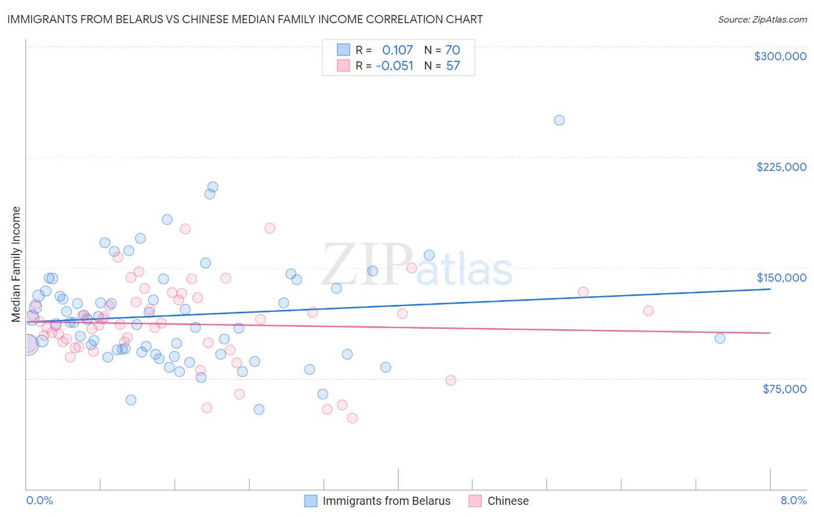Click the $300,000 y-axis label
780,56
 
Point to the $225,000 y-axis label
781,167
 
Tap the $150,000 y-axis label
781,278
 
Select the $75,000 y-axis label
784,389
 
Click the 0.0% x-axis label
39,500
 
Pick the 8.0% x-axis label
793,500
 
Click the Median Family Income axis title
16,264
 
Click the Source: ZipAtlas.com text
762,20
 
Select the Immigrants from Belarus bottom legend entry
386,501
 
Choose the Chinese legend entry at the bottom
508,501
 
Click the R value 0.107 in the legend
397,50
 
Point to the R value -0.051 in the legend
394,66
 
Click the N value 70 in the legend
452,50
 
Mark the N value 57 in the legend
453,66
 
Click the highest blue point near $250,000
559,121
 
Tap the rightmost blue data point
720,338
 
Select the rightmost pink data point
648,311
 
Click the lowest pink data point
352,418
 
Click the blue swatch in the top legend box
343,50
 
